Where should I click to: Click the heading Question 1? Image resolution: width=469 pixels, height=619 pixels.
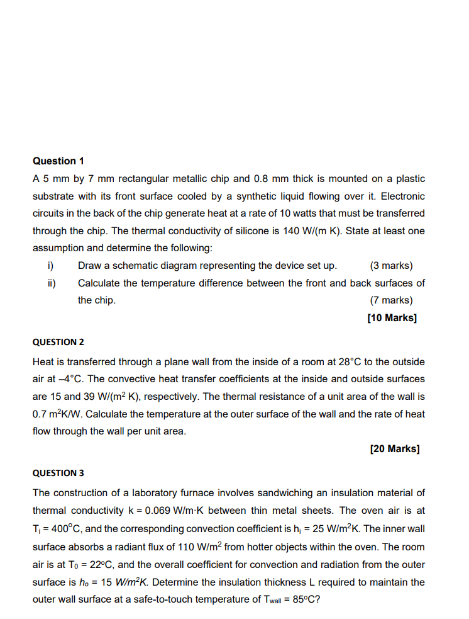(x=58, y=161)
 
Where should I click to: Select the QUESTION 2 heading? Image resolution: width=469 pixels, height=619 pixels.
(x=58, y=342)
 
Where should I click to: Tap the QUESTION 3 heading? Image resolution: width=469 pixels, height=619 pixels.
(x=58, y=472)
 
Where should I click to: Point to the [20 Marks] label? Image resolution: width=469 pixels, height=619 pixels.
(x=395, y=449)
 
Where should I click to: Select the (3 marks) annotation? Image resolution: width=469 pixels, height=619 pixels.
(x=391, y=266)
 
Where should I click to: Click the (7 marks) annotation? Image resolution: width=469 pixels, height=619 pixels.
(x=391, y=300)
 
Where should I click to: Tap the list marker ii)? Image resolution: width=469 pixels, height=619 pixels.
(x=51, y=283)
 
